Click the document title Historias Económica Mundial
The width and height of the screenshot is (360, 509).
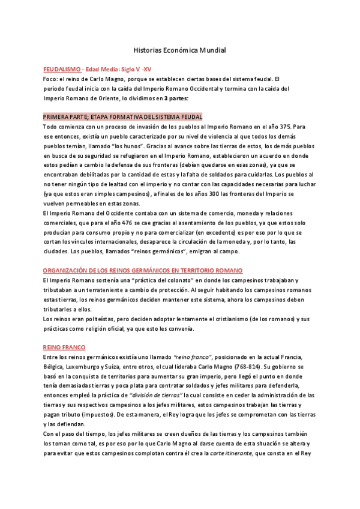(x=178, y=52)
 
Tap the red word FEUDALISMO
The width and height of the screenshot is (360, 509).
(x=62, y=70)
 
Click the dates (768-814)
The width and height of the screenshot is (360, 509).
(x=247, y=367)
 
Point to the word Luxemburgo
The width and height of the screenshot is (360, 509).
(x=87, y=367)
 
